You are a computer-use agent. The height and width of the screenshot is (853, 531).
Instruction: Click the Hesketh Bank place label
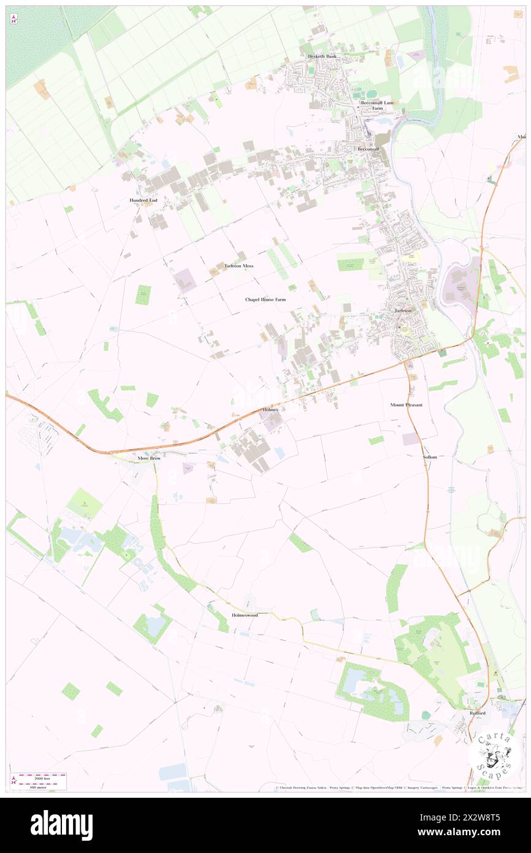322,56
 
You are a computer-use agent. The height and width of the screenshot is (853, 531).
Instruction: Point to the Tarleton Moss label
239,266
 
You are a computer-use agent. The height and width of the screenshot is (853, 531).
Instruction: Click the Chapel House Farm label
265,299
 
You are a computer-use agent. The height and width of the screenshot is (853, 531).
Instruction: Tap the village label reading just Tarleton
403,311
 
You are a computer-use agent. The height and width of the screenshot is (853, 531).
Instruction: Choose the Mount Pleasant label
407,405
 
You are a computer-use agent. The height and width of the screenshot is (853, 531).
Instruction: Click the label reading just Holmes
270,409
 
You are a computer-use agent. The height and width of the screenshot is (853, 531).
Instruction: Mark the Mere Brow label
149,458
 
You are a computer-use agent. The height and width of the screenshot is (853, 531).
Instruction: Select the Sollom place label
430,458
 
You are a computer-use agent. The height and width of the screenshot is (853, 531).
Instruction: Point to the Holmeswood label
245,614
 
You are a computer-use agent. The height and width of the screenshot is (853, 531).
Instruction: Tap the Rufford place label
478,713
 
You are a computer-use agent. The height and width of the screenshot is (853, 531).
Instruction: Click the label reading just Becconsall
369,149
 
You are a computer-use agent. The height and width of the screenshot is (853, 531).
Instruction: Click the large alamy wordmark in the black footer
61,824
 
